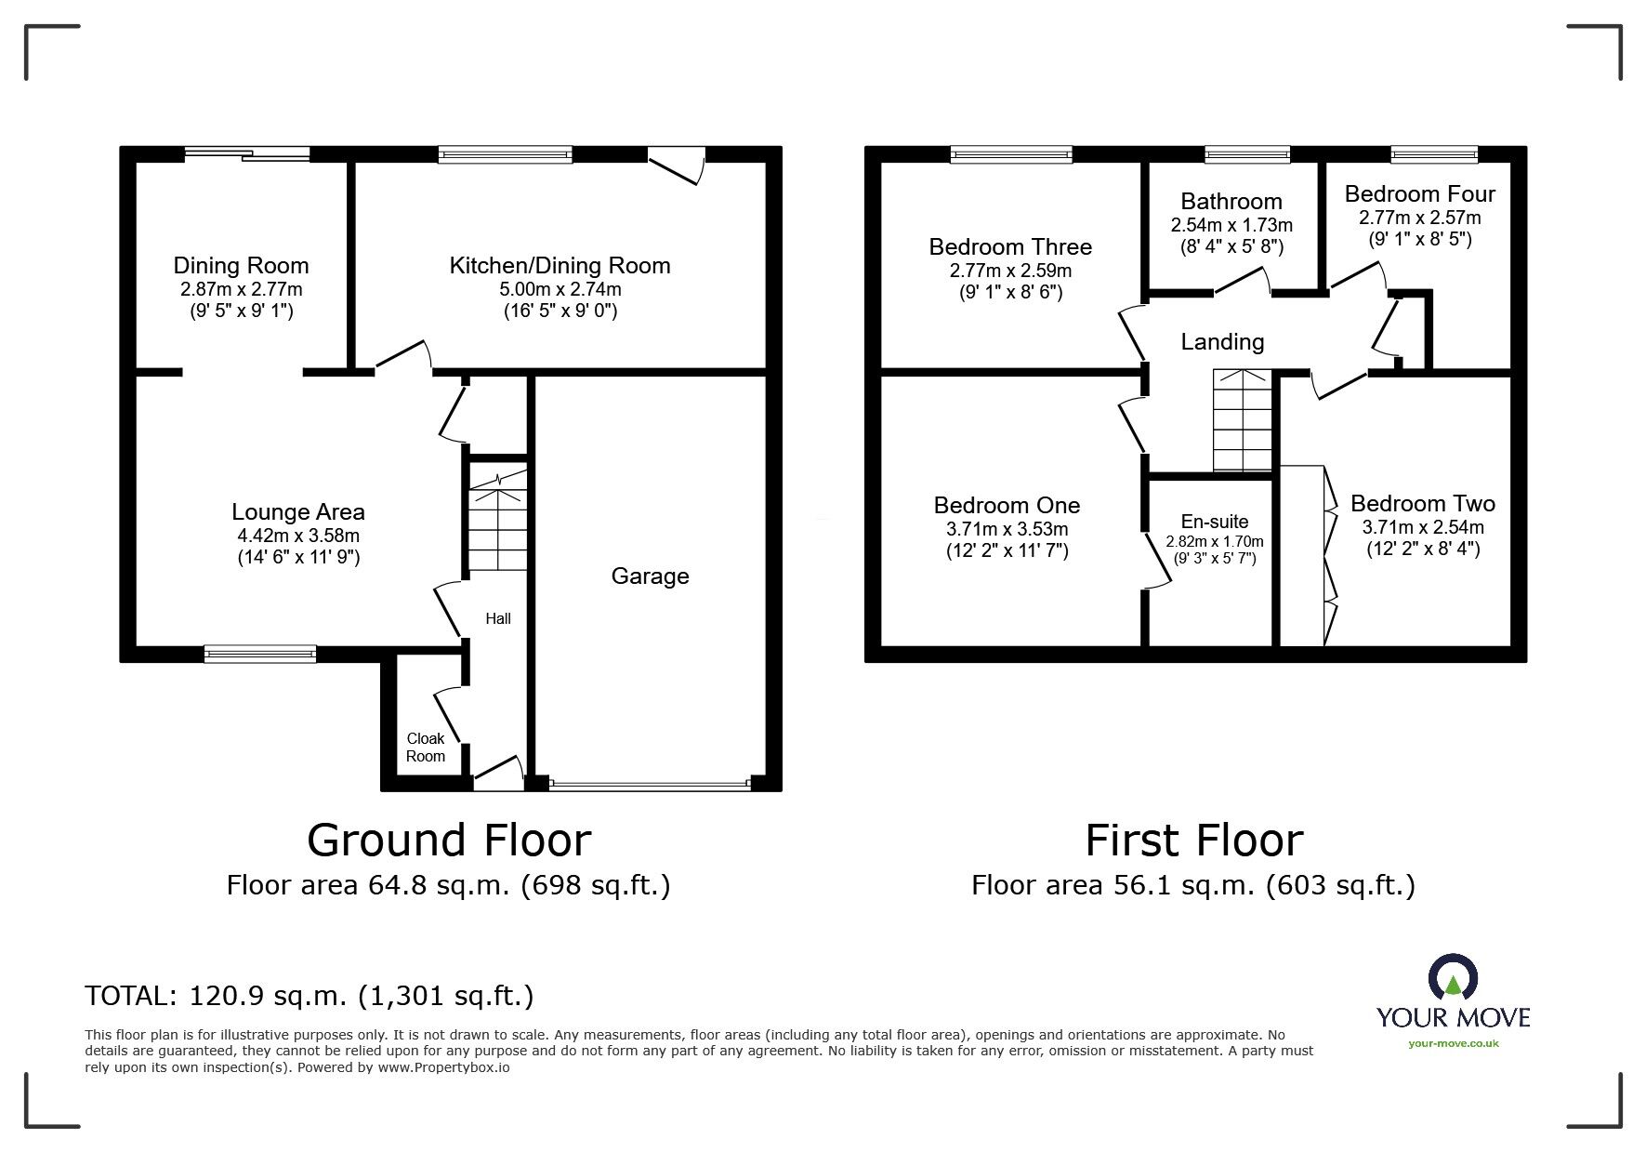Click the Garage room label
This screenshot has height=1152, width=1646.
[x=650, y=576]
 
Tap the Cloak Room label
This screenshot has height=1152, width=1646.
[x=426, y=747]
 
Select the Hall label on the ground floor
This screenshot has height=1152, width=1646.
[x=498, y=618]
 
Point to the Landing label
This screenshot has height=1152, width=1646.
[x=1222, y=342]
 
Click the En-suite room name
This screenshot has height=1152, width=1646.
[x=1215, y=522]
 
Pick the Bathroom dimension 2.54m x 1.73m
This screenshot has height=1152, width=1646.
[x=1231, y=226]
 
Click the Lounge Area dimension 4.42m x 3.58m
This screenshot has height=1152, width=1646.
[x=298, y=536]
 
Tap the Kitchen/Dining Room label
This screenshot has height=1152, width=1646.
[x=560, y=266]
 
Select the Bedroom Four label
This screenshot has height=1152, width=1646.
[x=1420, y=193]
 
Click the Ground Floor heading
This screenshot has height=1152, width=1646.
[x=449, y=840]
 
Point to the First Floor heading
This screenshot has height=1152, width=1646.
[x=1194, y=840]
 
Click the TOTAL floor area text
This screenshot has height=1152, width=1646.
[x=309, y=997]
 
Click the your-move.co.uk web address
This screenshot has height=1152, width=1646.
[x=1454, y=1043]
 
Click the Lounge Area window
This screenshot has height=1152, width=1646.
[x=260, y=654]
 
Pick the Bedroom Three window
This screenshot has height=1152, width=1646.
[x=1011, y=154]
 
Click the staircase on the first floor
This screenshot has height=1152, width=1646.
[x=1242, y=421]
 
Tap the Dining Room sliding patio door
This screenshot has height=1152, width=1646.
[x=246, y=154]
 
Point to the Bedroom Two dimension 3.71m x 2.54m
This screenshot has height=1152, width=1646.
[x=1423, y=527]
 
